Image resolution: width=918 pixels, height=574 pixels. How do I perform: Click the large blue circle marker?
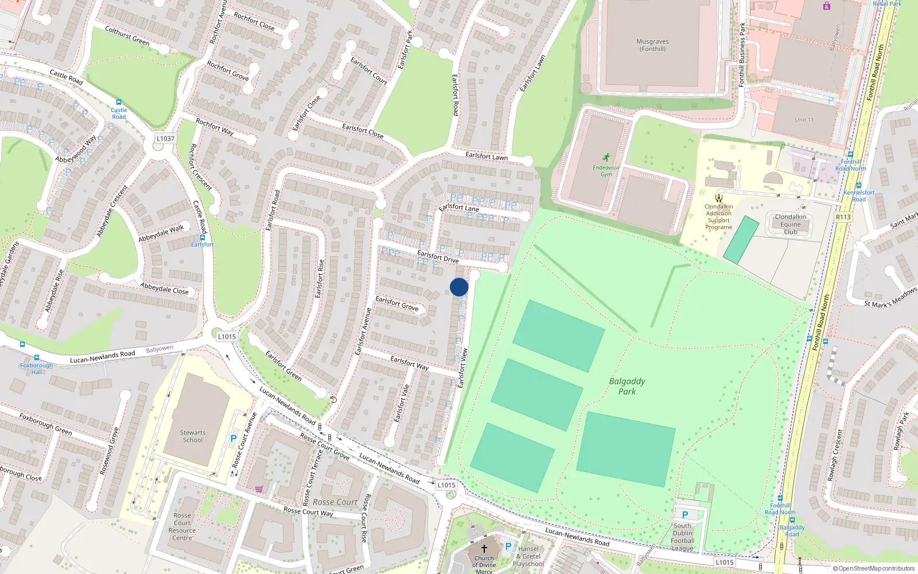coord(459,287)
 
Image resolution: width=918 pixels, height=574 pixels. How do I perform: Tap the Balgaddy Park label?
coord(627,386)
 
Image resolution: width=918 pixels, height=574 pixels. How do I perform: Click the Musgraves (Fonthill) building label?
coord(652,45)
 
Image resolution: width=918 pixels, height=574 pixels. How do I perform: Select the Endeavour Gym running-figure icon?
coord(606,157)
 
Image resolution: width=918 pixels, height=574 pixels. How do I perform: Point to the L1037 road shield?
coord(165,138)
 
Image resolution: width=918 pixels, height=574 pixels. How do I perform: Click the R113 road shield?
coord(843,217)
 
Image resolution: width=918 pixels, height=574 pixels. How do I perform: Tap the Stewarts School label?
coord(192,436)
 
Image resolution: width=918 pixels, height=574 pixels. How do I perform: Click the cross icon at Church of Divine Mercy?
coord(484,549)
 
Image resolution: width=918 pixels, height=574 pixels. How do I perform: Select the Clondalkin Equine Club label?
coord(790,224)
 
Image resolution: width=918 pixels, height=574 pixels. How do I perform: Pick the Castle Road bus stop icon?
coord(119,102)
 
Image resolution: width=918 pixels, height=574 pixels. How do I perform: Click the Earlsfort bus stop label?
coord(202,245)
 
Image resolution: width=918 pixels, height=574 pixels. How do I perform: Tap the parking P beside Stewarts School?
coord(234,439)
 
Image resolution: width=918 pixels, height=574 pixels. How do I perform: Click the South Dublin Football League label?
coord(682,537)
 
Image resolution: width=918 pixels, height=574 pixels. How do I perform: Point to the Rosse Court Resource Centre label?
coord(182,526)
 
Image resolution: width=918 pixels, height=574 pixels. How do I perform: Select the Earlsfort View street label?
coord(462,368)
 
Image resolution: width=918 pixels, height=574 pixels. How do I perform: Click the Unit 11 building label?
coord(804,119)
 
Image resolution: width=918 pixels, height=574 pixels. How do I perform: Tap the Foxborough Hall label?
coord(36,369)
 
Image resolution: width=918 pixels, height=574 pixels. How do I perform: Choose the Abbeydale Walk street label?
coord(161,233)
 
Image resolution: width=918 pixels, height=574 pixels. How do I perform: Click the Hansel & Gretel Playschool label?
coord(528,556)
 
